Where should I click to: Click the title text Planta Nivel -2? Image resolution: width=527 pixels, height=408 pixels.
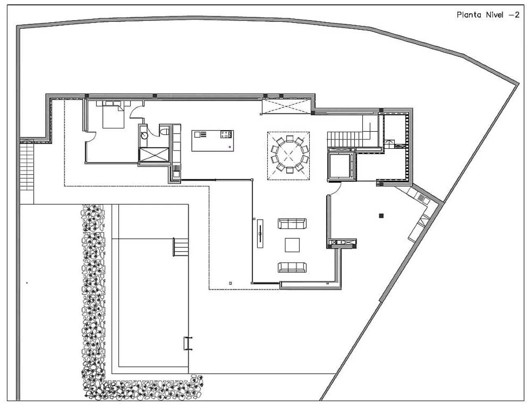[488, 15]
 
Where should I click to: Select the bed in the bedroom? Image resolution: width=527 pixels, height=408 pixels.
[113, 115]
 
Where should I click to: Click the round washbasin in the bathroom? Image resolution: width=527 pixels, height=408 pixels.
[144, 135]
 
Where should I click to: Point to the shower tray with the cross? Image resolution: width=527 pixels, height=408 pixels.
[154, 154]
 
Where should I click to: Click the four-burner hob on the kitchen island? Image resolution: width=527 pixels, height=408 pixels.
[226, 134]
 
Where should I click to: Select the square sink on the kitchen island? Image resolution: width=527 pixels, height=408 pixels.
[197, 134]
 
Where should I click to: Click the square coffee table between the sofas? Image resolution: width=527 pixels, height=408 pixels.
[292, 245]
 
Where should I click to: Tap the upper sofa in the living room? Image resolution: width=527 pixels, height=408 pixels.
[292, 223]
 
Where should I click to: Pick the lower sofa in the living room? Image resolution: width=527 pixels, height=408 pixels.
[292, 267]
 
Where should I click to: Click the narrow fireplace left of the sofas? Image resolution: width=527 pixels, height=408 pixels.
[260, 233]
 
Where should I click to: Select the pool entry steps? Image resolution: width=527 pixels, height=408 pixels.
[181, 247]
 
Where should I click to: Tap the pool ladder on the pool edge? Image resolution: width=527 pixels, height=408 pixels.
[188, 343]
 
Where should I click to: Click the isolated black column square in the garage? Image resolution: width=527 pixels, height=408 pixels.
[381, 215]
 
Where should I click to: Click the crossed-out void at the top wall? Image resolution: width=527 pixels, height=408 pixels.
[286, 106]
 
